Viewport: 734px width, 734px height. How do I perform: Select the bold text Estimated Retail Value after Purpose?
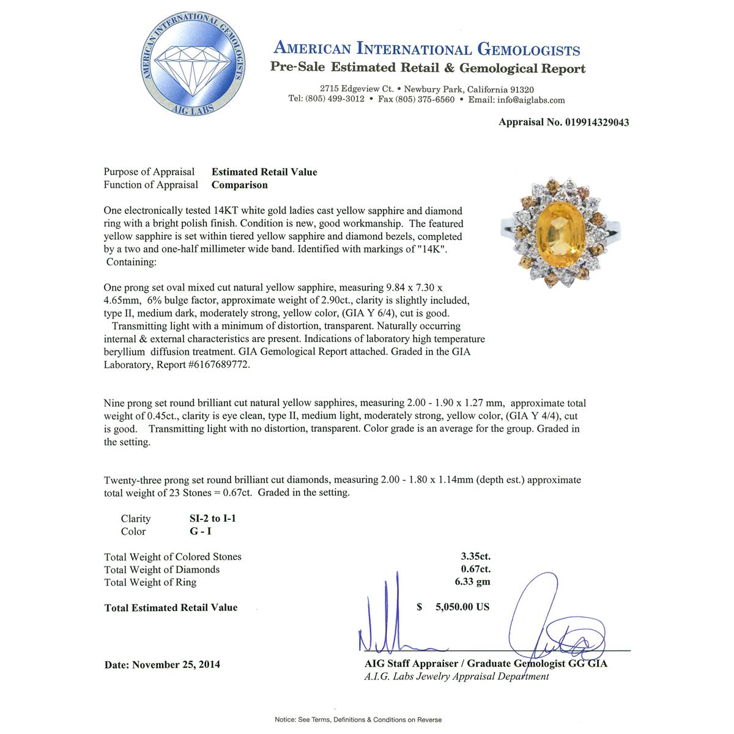point(264,172)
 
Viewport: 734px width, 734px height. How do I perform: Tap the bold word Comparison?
point(239,185)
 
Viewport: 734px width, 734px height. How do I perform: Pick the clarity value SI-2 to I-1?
point(212,519)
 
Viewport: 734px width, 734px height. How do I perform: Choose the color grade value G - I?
point(200,532)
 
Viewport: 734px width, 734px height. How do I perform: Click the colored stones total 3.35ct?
point(475,557)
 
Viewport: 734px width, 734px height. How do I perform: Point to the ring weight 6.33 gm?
point(472,582)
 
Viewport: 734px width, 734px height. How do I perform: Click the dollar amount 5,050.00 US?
point(462,607)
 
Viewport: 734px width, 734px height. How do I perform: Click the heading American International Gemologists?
point(426,49)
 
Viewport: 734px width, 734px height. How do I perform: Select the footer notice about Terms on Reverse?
point(358,720)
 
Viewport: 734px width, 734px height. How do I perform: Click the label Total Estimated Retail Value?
point(171,607)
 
